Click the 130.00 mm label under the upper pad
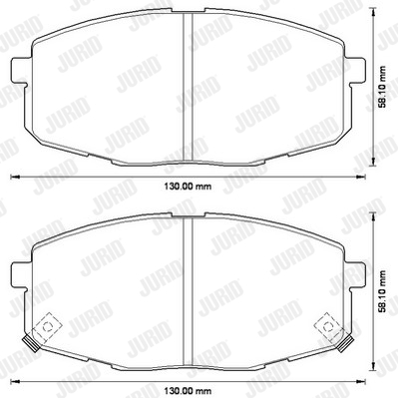tap(188, 187)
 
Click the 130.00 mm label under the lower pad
tap(188, 390)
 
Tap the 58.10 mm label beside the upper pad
tap(383, 87)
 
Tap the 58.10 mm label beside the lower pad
tap(383, 291)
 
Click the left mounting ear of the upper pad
tap(19, 71)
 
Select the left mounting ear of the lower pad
tap(19, 274)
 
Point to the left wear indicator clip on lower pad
tap(30, 343)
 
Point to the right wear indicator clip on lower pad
tap(345, 343)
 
